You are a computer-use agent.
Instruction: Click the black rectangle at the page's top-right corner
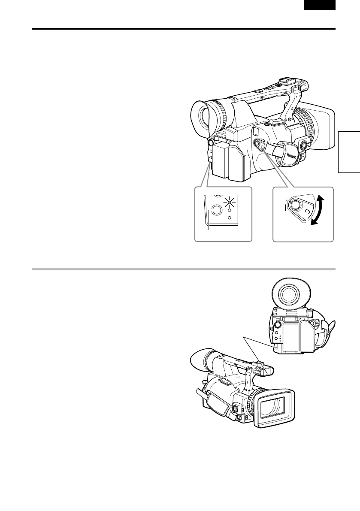pyautogui.click(x=320, y=5)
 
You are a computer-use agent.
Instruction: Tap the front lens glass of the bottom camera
pyautogui.click(x=273, y=405)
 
